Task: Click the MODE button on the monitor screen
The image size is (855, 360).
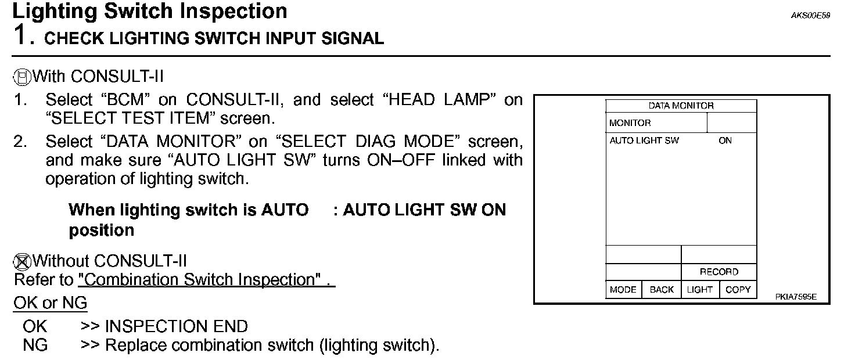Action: click(623, 290)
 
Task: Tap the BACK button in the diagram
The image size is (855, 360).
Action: click(662, 290)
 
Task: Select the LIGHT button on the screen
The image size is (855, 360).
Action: click(699, 290)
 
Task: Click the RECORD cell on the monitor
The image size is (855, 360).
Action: click(719, 272)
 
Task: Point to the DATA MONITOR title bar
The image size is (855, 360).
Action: click(681, 106)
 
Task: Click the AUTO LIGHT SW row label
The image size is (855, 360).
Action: click(644, 141)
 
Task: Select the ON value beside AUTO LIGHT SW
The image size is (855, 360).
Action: click(725, 141)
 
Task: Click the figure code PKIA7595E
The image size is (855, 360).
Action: click(796, 297)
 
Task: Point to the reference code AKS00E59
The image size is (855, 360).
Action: click(810, 16)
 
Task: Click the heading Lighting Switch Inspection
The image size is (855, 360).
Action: click(149, 11)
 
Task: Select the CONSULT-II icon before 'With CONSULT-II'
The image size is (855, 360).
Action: click(21, 77)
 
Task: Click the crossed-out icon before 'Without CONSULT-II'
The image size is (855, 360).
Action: click(21, 262)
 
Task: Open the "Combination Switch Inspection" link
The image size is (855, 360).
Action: click(206, 280)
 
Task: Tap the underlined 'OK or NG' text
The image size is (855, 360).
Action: click(50, 303)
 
